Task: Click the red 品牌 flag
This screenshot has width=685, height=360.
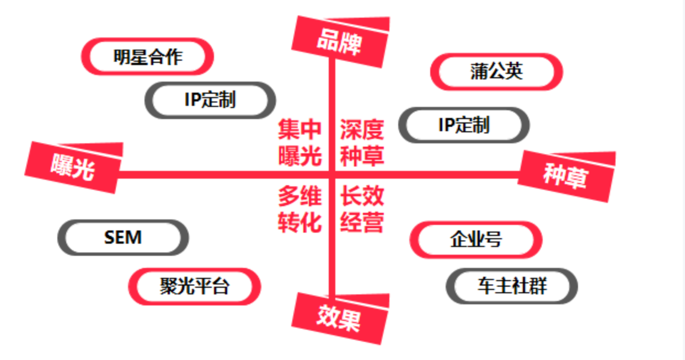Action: pos(340,42)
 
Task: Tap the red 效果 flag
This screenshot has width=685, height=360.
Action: pos(339,318)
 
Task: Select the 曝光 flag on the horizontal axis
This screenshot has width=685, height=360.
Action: pos(73,167)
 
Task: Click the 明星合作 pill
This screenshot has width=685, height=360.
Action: pos(148,56)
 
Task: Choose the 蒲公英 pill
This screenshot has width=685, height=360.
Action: pos(496,71)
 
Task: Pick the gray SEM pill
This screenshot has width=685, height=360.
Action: pos(123,238)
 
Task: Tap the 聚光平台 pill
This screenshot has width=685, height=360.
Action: pos(194,286)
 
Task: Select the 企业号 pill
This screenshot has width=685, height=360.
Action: pos(476,240)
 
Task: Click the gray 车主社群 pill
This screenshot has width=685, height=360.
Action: pos(512,286)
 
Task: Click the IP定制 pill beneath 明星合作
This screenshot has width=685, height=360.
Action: pos(210,100)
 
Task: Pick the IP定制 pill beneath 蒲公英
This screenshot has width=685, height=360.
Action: pos(464,125)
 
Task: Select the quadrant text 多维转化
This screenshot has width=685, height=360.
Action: pos(299,209)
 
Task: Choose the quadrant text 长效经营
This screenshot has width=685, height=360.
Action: pos(362,209)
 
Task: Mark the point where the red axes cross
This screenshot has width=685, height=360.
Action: pos(332,175)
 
